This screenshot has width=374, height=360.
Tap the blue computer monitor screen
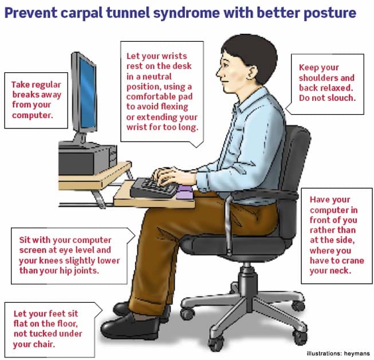pos(88,94)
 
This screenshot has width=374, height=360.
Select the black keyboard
pos(154,187)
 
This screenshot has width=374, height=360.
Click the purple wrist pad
pos(185,192)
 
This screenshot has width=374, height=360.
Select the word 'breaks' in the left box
pos(23,95)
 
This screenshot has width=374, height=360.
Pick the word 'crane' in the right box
pos(354,261)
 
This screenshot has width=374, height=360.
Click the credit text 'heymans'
pos(357,353)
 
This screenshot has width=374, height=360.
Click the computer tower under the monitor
pos(88,159)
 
